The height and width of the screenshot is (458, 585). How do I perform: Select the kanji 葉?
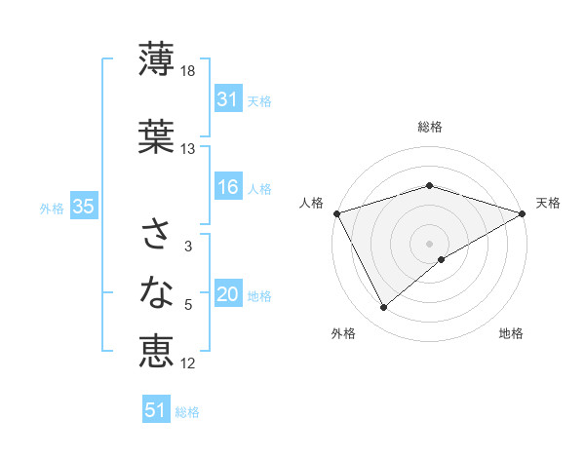(156, 135)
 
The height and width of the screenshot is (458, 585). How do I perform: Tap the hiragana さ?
(156, 235)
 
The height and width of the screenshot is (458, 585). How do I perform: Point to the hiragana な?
(156, 291)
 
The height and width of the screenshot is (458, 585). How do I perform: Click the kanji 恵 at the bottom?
(156, 351)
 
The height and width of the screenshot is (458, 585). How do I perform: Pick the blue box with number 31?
(227, 98)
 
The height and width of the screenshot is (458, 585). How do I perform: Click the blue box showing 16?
(227, 187)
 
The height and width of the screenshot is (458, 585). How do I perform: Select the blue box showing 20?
(227, 295)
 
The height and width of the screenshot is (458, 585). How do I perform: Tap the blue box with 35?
(83, 207)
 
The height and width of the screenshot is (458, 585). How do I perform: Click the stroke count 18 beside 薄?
(189, 71)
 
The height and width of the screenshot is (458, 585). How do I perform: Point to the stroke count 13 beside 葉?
(188, 149)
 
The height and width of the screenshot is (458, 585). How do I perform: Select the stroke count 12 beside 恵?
(188, 363)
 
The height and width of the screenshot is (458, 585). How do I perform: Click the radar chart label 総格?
(429, 127)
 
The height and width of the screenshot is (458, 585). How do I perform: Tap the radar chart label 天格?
(548, 203)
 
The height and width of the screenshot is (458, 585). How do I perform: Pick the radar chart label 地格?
(511, 334)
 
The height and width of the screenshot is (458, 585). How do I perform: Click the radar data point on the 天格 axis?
(523, 212)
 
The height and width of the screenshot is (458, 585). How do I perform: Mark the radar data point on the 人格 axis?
(336, 212)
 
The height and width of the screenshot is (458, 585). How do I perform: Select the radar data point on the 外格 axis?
(383, 308)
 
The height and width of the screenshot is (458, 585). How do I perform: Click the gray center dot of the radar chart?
(429, 243)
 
